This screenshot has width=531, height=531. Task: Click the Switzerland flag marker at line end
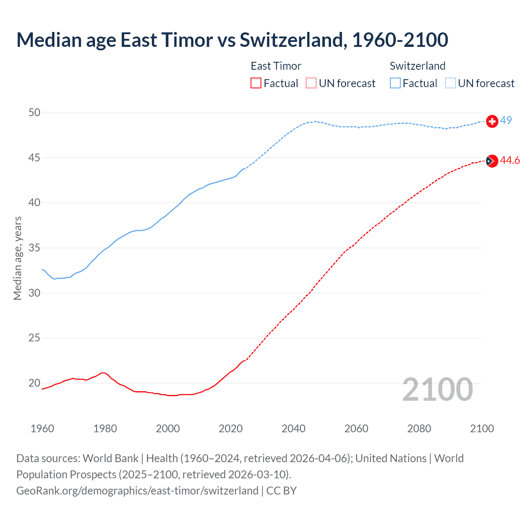[x=492, y=121]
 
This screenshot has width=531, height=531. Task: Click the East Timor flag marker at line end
[x=492, y=161]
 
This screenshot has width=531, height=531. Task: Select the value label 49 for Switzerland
[x=506, y=120]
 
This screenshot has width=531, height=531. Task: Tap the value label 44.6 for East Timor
[x=510, y=160]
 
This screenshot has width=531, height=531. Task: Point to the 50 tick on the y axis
[x=35, y=113]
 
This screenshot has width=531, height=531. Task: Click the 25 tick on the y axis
[x=35, y=338]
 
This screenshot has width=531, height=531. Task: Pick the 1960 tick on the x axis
[x=42, y=429]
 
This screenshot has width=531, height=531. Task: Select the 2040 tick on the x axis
[x=294, y=429]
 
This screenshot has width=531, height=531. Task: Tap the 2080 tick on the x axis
[x=419, y=429]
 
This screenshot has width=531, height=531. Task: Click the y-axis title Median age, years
[x=17, y=258]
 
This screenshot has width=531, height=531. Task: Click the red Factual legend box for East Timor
[x=256, y=83]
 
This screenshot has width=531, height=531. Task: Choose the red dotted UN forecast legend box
[x=311, y=83]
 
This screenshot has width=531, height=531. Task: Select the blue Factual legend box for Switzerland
[x=395, y=83]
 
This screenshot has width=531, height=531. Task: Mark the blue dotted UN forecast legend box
[x=451, y=83]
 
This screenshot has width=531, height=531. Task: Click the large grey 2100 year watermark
[x=437, y=389]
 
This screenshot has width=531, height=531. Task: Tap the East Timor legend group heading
[x=276, y=66]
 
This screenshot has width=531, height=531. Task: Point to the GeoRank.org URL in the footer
[x=137, y=491]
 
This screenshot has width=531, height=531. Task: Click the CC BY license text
[x=282, y=491]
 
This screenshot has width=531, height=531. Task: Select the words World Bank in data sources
[x=110, y=458]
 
